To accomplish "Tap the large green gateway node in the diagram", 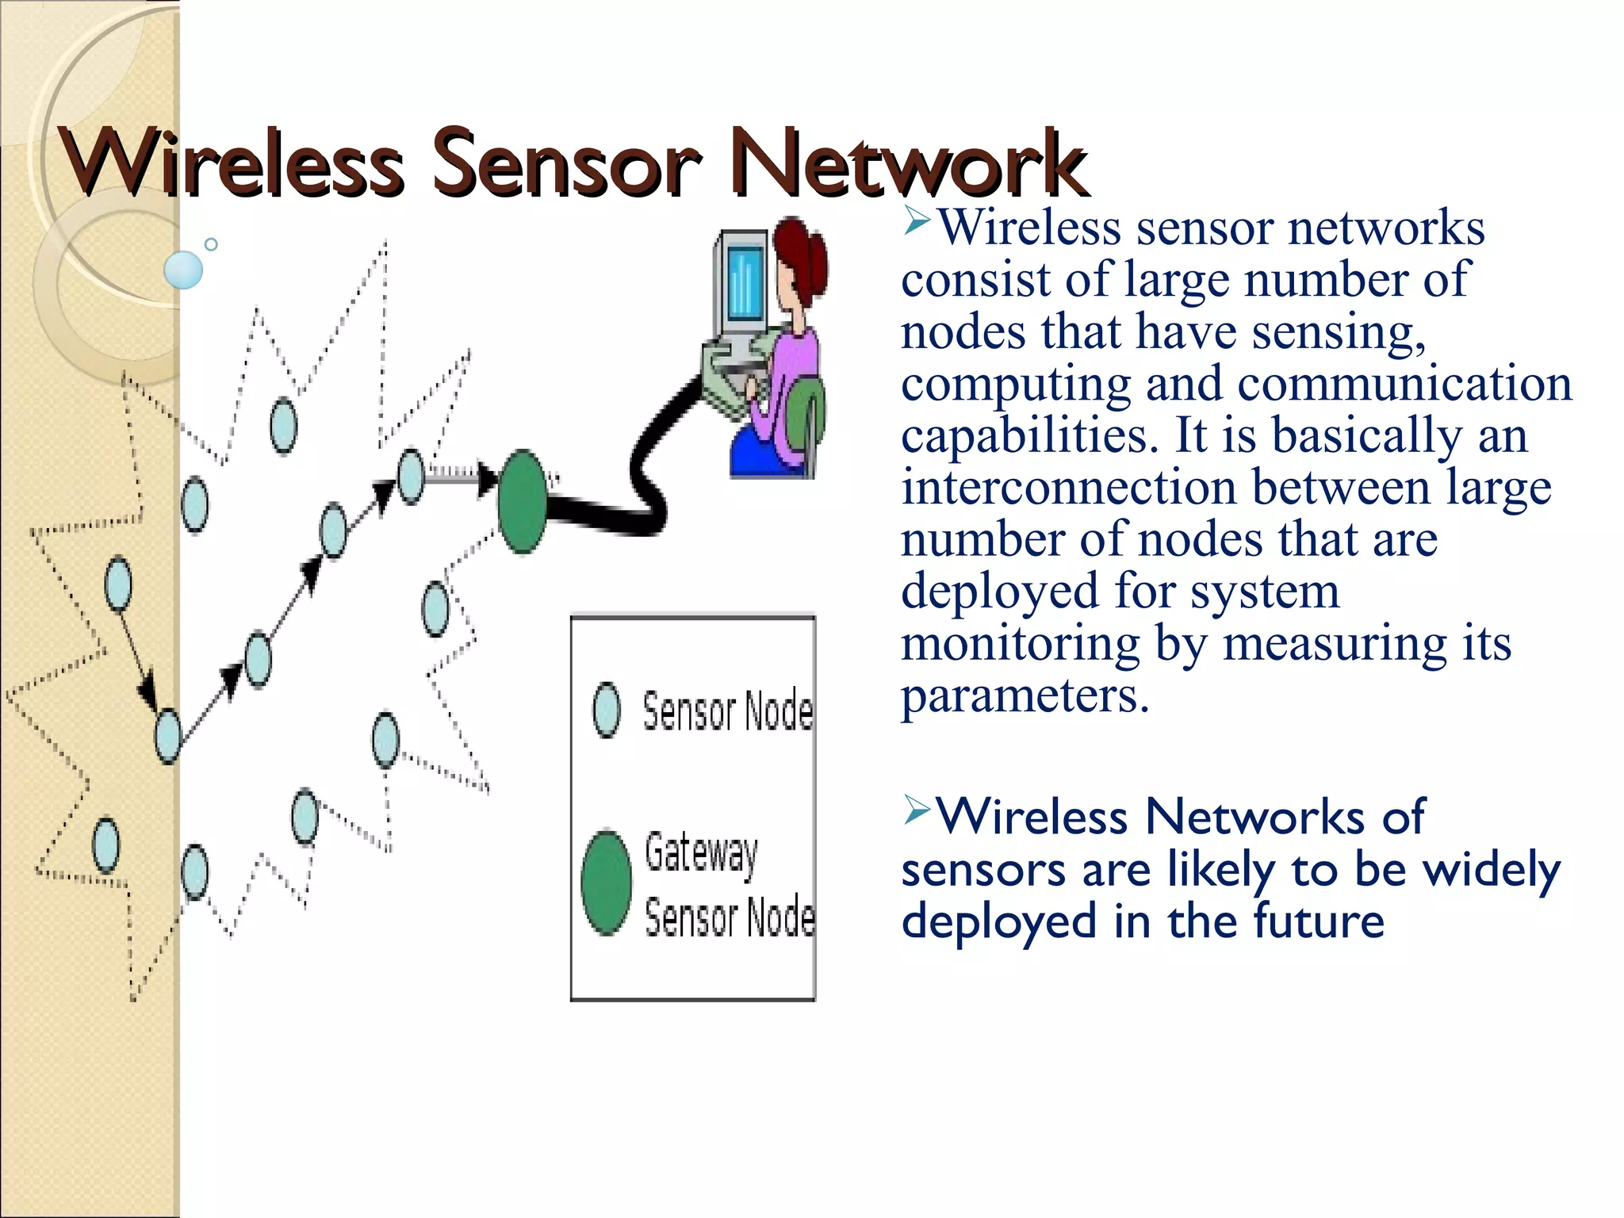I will (x=522, y=501).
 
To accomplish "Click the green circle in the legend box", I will (x=606, y=882).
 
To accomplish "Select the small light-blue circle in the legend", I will (x=607, y=710).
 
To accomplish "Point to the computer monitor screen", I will (x=744, y=283).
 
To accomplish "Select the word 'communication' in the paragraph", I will (x=1404, y=384).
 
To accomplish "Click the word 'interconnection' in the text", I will (x=1068, y=488).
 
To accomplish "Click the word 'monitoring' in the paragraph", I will (x=1020, y=643).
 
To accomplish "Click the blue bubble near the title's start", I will (x=183, y=270).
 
